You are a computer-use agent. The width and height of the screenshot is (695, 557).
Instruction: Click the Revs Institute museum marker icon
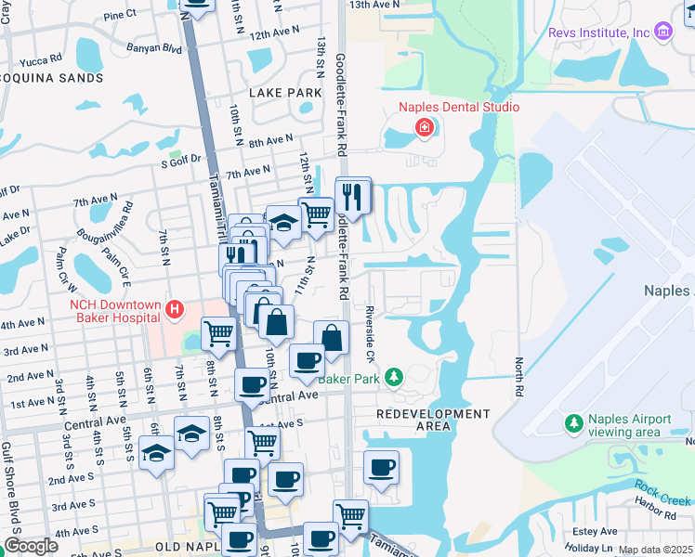pos(662,32)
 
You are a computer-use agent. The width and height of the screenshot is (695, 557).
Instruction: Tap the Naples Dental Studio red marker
pos(426,127)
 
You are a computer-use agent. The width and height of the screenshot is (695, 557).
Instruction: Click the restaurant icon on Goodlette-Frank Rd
pos(352,196)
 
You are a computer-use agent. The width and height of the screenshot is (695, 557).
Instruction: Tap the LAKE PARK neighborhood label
pos(285,93)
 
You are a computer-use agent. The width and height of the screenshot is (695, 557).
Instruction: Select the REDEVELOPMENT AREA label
pos(434,420)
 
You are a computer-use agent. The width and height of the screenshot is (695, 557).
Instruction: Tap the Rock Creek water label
pos(661,488)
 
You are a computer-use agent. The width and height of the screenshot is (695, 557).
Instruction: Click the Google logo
pos(31,546)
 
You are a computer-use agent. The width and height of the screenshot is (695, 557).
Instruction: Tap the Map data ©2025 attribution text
pos(655,550)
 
